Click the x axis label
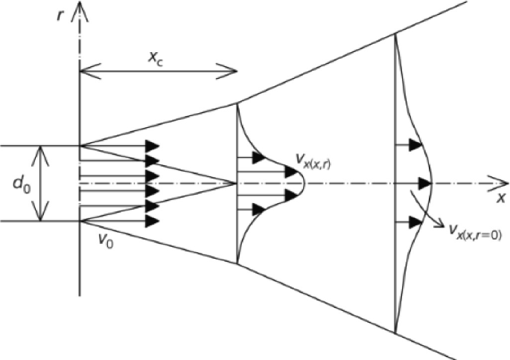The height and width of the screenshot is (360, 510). pyautogui.click(x=500, y=200)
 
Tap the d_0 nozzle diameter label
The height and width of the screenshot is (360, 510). pyautogui.click(x=23, y=183)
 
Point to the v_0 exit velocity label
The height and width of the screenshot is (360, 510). pyautogui.click(x=107, y=240)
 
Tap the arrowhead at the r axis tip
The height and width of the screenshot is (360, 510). pyautogui.click(x=80, y=9)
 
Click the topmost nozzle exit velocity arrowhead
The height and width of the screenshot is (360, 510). pyautogui.click(x=153, y=146)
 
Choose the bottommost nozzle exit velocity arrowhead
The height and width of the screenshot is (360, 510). pyautogui.click(x=153, y=221)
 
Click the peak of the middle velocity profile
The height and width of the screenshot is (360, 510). pyautogui.click(x=303, y=183)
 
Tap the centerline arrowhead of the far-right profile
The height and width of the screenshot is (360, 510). pyautogui.click(x=426, y=183)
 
